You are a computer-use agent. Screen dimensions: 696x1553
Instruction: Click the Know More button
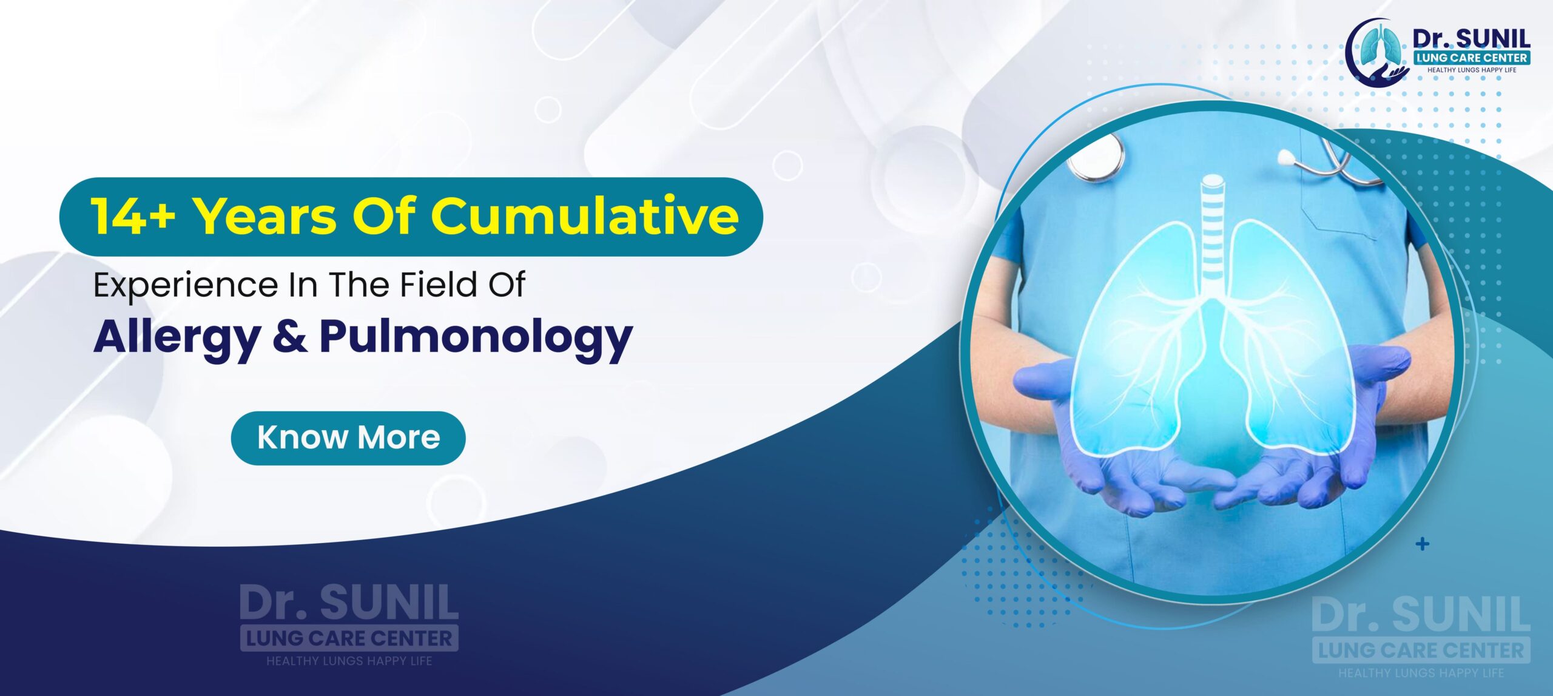point(348,438)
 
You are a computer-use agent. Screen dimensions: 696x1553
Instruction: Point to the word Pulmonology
point(476,337)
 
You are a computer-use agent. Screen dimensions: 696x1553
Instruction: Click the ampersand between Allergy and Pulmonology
point(289,337)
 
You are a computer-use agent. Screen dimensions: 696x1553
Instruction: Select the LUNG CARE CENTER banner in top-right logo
point(1471,58)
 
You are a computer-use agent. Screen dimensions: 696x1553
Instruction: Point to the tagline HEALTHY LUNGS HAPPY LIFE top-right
point(1471,70)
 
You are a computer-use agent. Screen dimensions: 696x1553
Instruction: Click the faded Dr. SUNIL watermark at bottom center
point(349,603)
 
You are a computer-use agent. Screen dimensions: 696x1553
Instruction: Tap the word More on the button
point(399,438)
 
